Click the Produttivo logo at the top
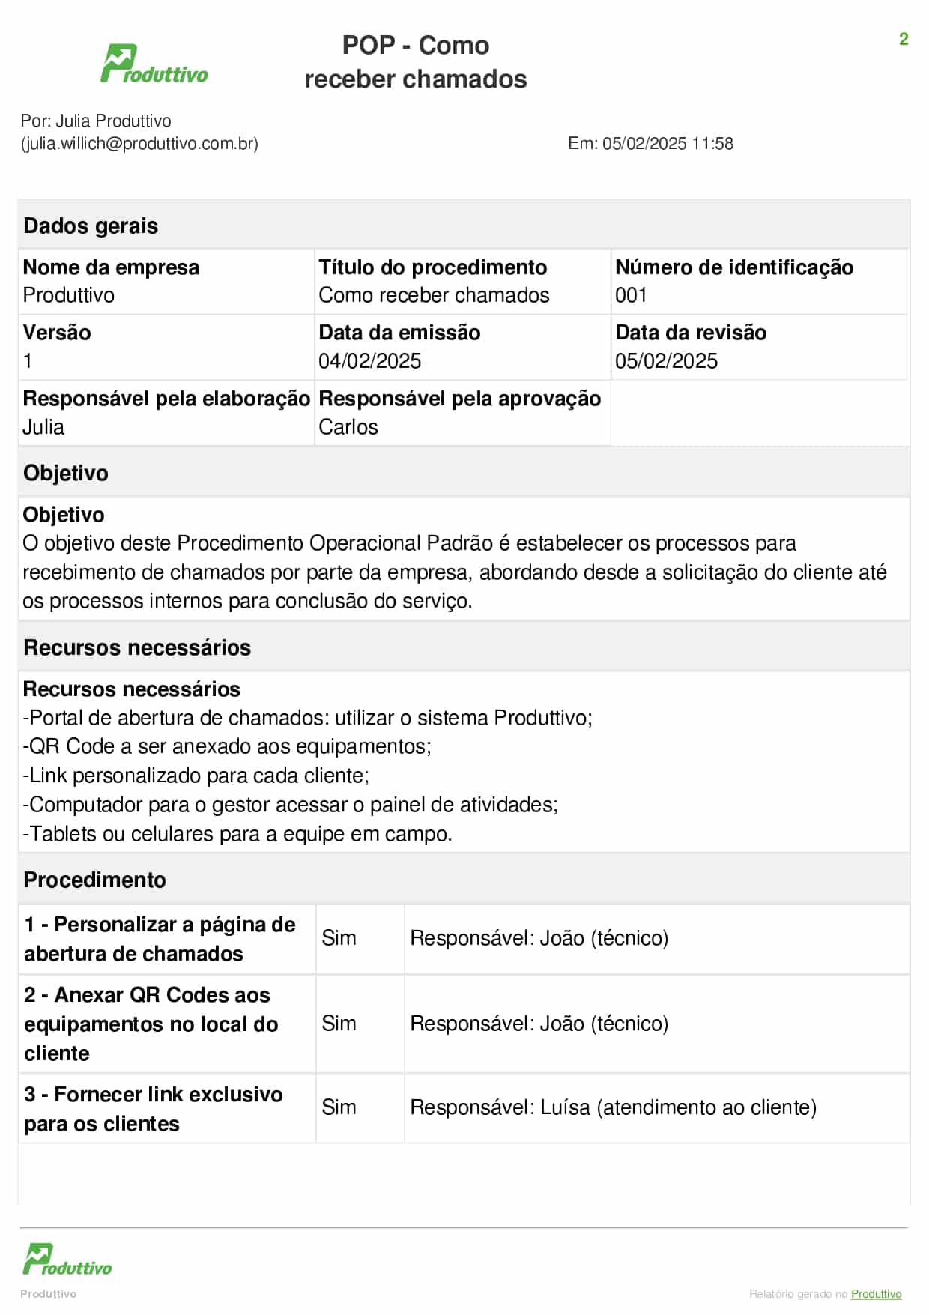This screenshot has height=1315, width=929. (154, 64)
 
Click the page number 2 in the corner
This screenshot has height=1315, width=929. (904, 39)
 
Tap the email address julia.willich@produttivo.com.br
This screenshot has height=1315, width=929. (139, 143)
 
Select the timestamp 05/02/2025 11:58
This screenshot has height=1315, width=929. (668, 143)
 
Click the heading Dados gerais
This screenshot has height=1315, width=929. (91, 226)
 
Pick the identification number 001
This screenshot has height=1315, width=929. (631, 295)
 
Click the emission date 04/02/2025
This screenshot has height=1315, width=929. (369, 361)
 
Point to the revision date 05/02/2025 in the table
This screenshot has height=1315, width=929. (666, 361)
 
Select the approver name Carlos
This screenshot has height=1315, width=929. (348, 427)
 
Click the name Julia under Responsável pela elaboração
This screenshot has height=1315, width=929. (43, 427)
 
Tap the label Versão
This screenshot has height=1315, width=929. (57, 333)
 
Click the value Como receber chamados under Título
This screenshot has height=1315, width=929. (434, 295)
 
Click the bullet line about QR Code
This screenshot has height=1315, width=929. (227, 746)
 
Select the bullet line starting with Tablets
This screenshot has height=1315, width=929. (237, 834)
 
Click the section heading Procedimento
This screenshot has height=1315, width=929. (95, 880)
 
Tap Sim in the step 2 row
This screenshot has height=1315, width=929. (339, 1024)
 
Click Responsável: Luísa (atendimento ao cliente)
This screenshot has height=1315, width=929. (613, 1107)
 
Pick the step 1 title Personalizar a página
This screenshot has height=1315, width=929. (160, 939)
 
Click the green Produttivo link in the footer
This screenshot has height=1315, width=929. (876, 1294)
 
